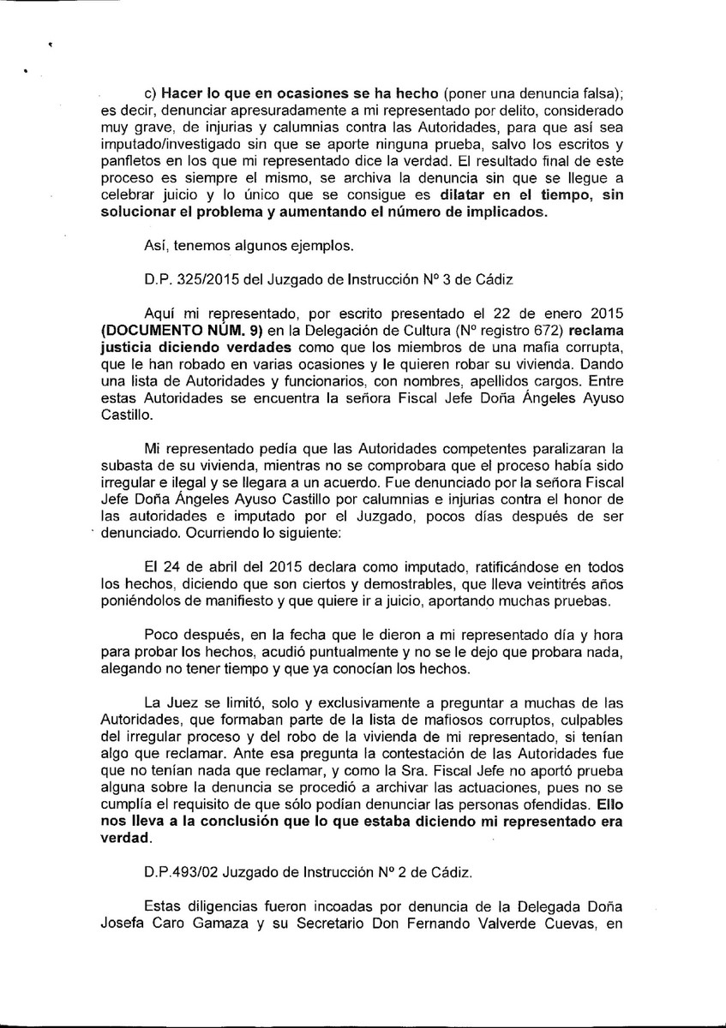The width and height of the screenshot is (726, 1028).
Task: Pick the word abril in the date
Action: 219,568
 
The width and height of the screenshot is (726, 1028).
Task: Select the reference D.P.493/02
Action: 180,872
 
